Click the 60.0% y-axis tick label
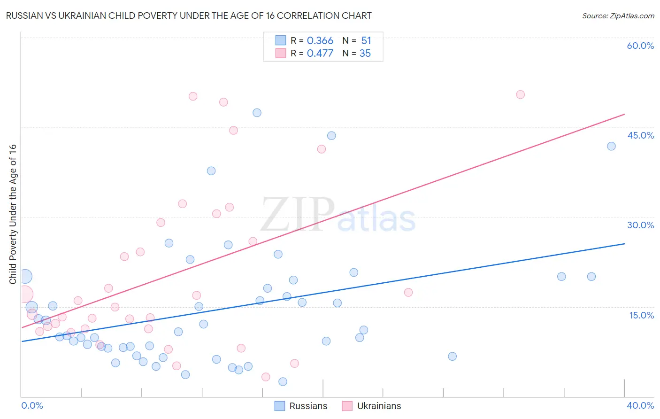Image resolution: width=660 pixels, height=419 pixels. point(640,46)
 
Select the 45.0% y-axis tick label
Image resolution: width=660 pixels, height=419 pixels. point(640,135)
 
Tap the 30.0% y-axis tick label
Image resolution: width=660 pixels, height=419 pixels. point(640,225)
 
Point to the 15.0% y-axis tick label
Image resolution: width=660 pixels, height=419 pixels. point(641,315)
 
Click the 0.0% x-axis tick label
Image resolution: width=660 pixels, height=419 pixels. point(32,405)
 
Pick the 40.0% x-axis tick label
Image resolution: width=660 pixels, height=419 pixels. point(640,405)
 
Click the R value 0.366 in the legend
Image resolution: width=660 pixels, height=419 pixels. point(320,41)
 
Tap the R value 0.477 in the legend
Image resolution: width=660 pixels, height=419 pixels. point(320,54)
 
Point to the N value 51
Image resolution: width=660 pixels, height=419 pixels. point(366,41)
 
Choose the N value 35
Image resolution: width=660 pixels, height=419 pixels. point(365,54)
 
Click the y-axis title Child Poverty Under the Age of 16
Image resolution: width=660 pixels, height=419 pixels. point(13,214)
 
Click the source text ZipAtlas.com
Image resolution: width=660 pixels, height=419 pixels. point(618,16)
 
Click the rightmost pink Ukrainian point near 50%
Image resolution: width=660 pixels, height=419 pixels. point(520,94)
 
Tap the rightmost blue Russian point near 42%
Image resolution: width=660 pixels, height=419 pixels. point(611,146)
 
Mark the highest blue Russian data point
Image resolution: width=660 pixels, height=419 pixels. point(257,113)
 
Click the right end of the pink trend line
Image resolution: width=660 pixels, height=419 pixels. point(624,114)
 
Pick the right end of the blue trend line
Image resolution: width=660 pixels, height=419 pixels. point(624,244)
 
